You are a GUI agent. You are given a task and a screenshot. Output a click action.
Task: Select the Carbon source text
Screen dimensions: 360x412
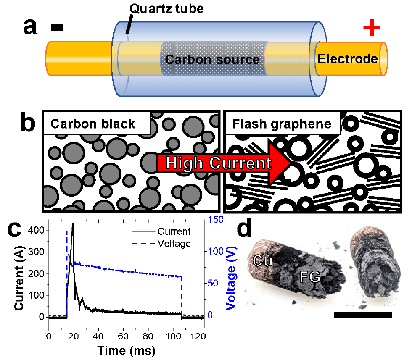pos(212,59)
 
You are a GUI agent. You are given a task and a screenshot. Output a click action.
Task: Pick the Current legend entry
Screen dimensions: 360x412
pos(174,231)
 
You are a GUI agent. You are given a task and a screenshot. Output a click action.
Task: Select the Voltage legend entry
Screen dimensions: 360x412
pos(174,244)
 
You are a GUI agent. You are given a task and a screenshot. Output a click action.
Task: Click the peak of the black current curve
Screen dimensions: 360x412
pos(73,224)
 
